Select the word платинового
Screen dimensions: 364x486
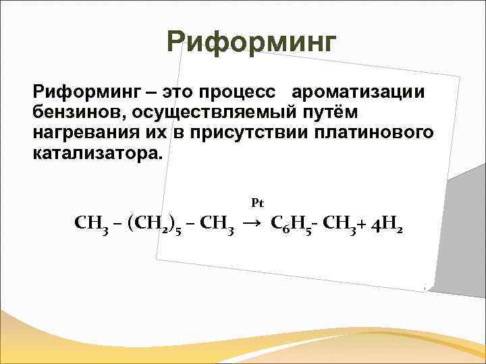pos(374,131)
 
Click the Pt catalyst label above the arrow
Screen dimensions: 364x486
pos(256,202)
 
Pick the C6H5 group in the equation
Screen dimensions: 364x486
pos(292,223)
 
